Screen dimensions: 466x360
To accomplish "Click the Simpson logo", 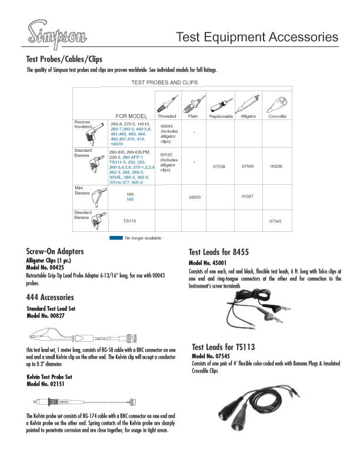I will [56, 34].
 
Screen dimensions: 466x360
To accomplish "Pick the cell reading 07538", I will [219, 167].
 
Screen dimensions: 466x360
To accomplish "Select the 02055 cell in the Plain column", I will [195, 198].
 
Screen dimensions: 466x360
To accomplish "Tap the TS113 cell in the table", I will [129, 221].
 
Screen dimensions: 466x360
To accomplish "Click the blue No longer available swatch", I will [116, 238].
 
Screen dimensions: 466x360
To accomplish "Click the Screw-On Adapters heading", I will [55, 251].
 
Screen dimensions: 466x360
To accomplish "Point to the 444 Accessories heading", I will [50, 297].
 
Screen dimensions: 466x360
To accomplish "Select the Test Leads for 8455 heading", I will [219, 252].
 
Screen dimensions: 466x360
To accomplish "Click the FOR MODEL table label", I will [131, 116].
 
